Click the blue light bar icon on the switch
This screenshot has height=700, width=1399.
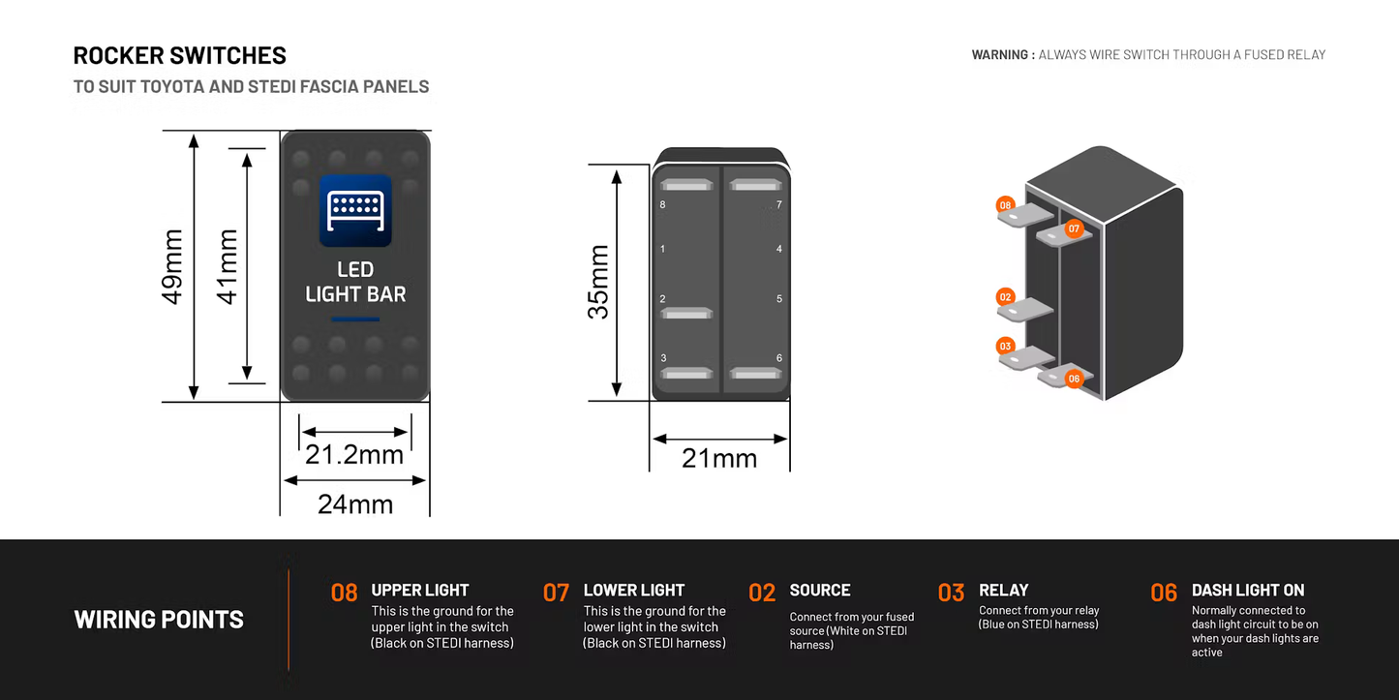[x=355, y=211]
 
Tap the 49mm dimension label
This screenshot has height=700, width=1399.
[x=173, y=266]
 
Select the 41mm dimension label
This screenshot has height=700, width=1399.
[x=228, y=266]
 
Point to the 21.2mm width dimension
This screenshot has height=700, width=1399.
[x=354, y=454]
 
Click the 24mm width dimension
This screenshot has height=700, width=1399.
[x=355, y=503]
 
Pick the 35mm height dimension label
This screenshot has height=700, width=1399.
[x=599, y=282]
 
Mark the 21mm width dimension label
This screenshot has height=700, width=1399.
[x=719, y=458]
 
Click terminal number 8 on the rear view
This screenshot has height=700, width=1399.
[x=662, y=205]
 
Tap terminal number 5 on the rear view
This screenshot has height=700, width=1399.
[x=779, y=299]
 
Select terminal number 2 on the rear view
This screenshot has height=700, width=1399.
[x=662, y=299]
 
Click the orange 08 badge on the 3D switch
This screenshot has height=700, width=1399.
[x=1005, y=205]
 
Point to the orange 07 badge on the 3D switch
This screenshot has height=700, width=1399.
[x=1073, y=228]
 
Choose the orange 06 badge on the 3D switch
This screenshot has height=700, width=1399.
[x=1073, y=379]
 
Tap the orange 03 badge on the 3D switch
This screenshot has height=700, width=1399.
[x=1005, y=346]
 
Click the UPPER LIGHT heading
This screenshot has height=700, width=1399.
[x=420, y=590]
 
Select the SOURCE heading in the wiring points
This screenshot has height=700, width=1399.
[x=820, y=590]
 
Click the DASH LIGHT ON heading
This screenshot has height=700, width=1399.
[x=1248, y=590]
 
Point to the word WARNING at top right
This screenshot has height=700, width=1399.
[x=1000, y=55]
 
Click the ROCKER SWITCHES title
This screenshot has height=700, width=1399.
[x=180, y=55]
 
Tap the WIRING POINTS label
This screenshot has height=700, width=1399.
[x=159, y=620]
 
